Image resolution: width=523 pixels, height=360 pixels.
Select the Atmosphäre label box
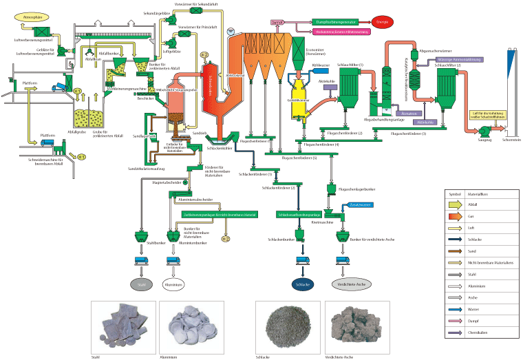click(34, 12)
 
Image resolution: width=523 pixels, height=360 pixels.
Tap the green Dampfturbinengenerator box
click(335, 23)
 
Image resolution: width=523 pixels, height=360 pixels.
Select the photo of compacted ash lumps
click(353, 326)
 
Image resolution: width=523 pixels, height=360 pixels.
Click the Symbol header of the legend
click(456, 195)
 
